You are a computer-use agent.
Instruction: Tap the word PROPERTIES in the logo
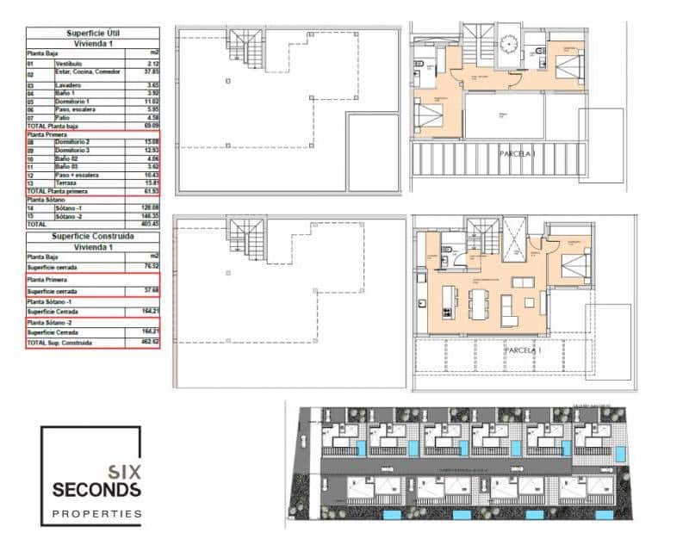click(x=97, y=514)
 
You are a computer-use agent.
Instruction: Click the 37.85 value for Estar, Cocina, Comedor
click(x=152, y=72)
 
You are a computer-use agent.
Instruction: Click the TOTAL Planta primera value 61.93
click(x=152, y=189)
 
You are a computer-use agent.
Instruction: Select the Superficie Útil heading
click(x=94, y=32)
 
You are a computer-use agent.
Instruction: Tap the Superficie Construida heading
click(x=94, y=235)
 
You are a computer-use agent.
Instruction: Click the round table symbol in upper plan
click(x=509, y=42)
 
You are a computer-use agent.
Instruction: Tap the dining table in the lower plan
click(x=479, y=303)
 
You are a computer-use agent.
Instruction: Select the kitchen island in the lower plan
click(x=447, y=299)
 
